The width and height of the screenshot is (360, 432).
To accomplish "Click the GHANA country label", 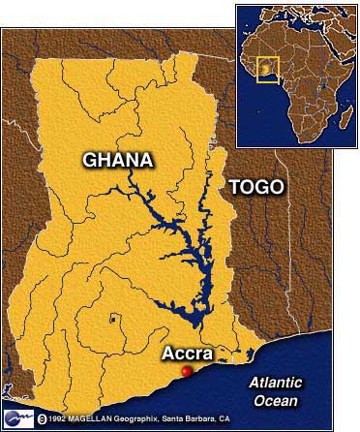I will click(118, 160).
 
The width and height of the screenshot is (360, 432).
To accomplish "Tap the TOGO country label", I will click(255, 187).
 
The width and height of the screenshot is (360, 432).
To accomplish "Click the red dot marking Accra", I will click(187, 371).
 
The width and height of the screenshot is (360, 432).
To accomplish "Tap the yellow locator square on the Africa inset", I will click(266, 70).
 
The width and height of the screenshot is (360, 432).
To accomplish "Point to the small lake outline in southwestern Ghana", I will click(113, 317).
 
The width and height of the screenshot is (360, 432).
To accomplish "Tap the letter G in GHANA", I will click(90, 160).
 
